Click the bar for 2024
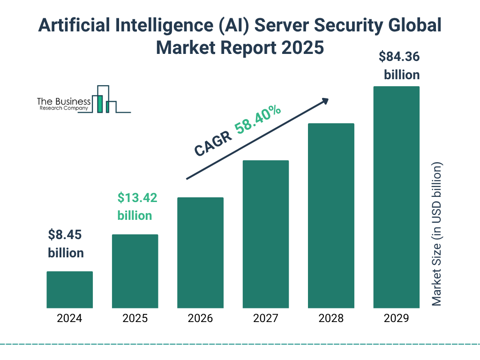[69, 290]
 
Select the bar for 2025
[135, 271]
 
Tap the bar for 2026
[200, 253]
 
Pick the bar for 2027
[265, 234]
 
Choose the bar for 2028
[331, 216]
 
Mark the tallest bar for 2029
[396, 197]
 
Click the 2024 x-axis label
[69, 319]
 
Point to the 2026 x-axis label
[200, 319]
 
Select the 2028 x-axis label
[331, 319]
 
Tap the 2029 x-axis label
[396, 319]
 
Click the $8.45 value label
[66, 234]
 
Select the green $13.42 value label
[137, 198]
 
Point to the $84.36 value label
[399, 57]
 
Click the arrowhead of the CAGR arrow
[325, 100]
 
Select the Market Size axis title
[437, 234]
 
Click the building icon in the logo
[104, 100]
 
